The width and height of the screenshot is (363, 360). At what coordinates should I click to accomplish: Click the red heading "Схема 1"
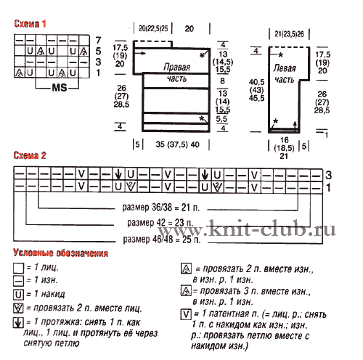point(30,24)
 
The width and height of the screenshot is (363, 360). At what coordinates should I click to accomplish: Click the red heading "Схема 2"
point(30,155)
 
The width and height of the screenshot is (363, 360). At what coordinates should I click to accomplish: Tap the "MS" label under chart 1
point(60,88)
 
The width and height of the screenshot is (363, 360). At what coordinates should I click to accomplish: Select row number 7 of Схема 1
point(98,40)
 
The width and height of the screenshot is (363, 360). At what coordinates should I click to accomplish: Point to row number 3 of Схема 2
point(328,175)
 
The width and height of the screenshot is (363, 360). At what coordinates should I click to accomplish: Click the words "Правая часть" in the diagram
point(177,73)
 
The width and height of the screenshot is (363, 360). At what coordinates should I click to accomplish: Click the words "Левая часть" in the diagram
point(285,74)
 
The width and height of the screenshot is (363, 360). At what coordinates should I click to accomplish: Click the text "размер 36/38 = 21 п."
point(161,208)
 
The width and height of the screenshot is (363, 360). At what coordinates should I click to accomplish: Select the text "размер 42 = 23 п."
point(160,223)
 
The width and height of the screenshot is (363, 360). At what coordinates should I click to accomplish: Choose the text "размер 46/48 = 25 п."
point(162,240)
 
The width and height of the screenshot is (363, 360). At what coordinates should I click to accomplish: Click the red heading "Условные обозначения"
point(60,253)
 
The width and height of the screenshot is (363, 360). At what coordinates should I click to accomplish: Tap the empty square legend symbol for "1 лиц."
point(19,268)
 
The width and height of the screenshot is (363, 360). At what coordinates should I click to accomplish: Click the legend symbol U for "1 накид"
point(19,295)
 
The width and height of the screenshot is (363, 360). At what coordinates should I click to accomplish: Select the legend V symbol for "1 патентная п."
point(186,314)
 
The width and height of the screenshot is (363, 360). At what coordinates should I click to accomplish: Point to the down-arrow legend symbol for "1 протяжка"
point(18,322)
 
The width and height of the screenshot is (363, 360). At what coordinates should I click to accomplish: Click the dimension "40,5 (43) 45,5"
point(256,90)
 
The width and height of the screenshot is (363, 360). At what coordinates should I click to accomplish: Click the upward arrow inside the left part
point(295,126)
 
